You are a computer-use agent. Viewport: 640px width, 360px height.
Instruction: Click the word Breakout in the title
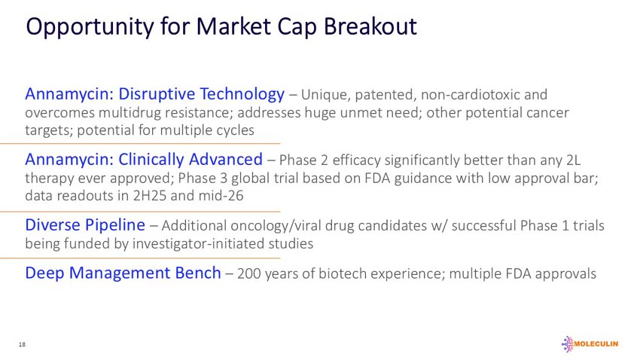coord(370,26)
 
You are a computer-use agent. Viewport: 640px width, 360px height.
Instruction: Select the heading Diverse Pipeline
coord(85,225)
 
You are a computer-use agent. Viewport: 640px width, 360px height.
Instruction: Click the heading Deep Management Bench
coord(123,273)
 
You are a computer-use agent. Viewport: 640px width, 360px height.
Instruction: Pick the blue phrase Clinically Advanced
coord(190,160)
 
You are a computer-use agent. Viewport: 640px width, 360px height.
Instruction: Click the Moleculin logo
coord(590,344)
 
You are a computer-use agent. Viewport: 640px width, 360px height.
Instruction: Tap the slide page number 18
coord(22,344)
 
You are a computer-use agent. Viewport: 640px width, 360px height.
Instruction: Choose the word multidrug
coord(130,113)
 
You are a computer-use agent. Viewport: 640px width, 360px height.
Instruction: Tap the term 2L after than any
coord(574,160)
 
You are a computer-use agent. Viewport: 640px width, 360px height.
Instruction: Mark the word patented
coord(386,95)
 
